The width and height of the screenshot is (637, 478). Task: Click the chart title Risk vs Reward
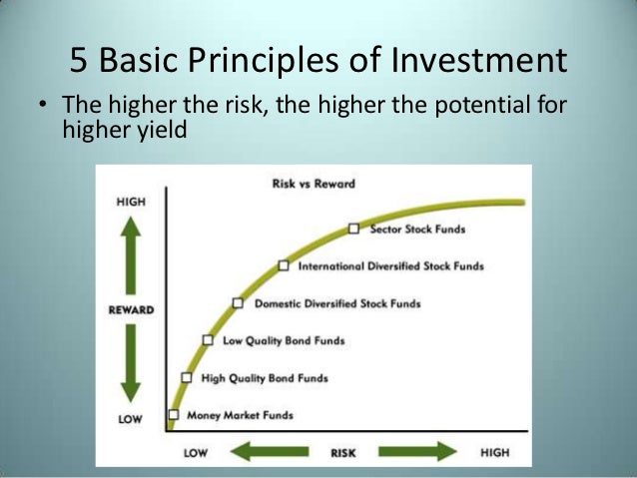click(x=314, y=185)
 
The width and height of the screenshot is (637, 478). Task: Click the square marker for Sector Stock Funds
click(x=353, y=229)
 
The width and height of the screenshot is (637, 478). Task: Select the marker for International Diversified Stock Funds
click(x=284, y=265)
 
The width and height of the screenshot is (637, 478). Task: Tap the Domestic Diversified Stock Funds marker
click(x=238, y=302)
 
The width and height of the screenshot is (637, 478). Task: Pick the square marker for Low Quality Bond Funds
click(x=208, y=339)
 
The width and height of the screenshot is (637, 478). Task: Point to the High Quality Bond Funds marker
click(x=187, y=377)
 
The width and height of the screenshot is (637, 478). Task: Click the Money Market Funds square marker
click(x=174, y=414)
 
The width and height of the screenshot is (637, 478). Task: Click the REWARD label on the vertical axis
click(x=131, y=309)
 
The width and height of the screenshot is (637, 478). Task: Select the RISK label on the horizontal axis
click(x=343, y=452)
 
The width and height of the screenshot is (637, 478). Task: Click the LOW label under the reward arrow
click(x=130, y=419)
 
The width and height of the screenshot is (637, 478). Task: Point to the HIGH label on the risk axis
click(x=494, y=452)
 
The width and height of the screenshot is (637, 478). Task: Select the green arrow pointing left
click(x=271, y=452)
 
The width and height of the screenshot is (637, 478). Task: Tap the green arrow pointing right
click(x=415, y=452)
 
